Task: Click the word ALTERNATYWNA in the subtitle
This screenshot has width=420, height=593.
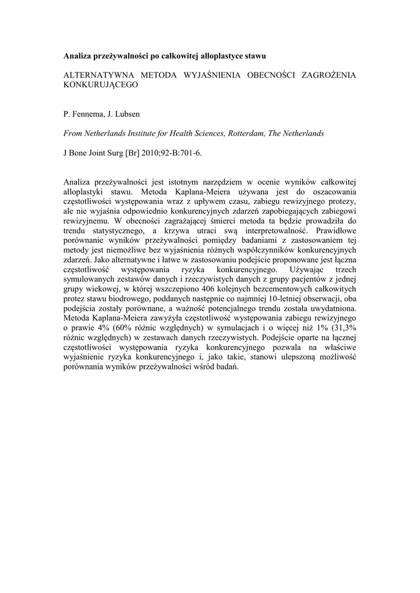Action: [97, 75]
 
